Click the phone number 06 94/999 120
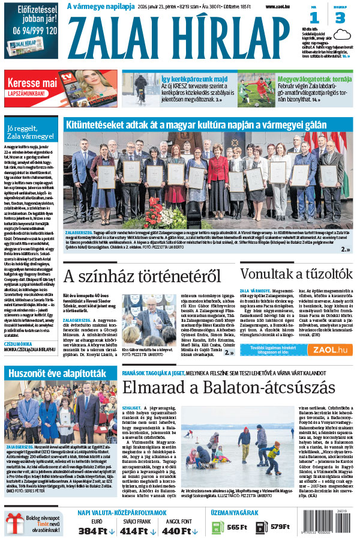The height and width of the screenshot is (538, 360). (x=34, y=29)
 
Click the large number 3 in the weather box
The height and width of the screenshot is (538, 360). (x=340, y=18)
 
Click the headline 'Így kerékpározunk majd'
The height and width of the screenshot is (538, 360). (x=186, y=79)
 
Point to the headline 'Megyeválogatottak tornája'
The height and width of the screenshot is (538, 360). (x=307, y=79)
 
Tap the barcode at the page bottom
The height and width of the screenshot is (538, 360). (x=340, y=525)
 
